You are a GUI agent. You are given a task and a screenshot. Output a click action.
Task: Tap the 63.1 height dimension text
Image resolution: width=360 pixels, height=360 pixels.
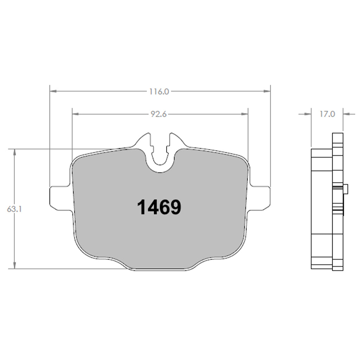(x=14, y=209)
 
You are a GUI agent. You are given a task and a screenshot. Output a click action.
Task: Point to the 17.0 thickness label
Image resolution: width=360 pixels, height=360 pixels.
(x=327, y=114)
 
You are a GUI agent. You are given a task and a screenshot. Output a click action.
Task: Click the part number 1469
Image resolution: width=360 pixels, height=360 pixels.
(x=159, y=207)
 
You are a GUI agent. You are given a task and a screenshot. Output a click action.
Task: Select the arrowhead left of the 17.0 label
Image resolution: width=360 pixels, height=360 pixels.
(x=308, y=114)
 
